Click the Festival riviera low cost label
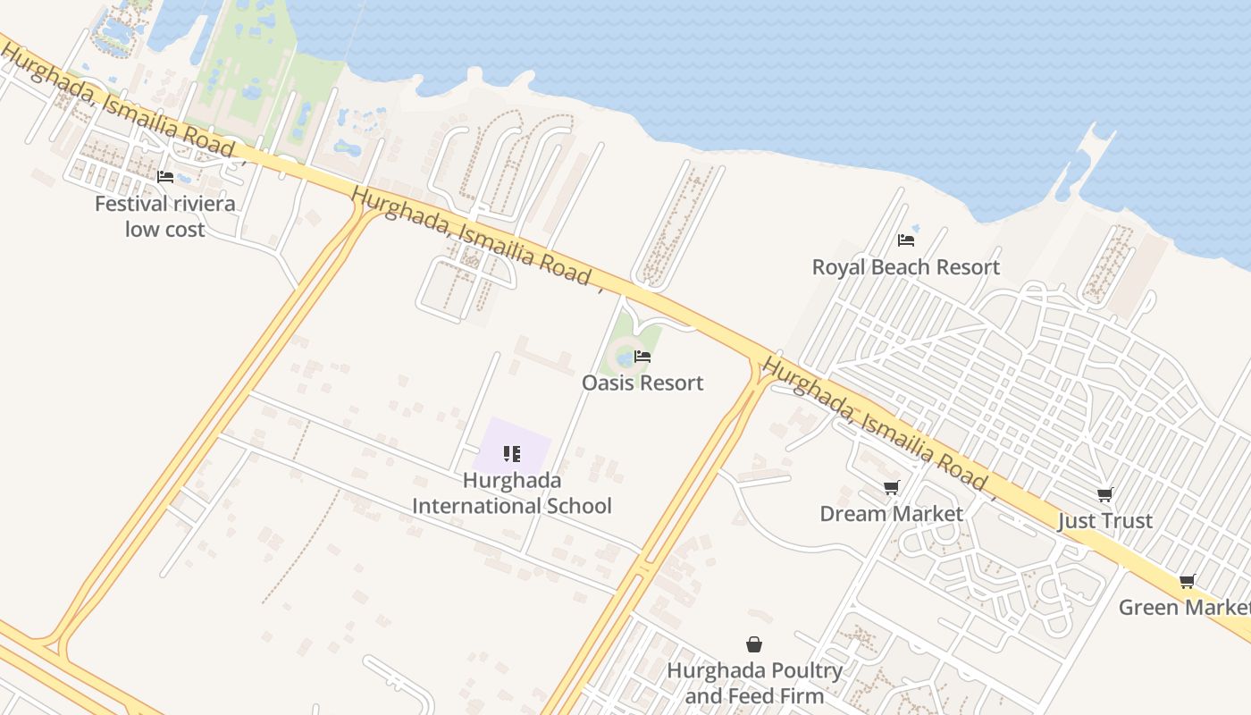[x=165, y=216]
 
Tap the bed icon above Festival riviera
[x=165, y=177]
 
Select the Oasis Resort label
[x=642, y=383]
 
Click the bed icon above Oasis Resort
[x=642, y=357]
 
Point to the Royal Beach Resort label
[x=905, y=267]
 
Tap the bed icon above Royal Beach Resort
[x=906, y=240]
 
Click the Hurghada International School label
[x=512, y=493]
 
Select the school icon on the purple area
[x=512, y=454]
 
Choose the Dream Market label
[x=891, y=514]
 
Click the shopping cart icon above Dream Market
[x=891, y=487]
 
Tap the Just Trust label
[x=1105, y=521]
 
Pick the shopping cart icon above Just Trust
[x=1105, y=494]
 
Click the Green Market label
[x=1184, y=608]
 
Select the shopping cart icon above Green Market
[x=1188, y=582]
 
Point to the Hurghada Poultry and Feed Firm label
[x=754, y=683]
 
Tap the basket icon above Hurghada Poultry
[x=754, y=644]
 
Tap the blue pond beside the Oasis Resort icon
[x=625, y=358]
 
